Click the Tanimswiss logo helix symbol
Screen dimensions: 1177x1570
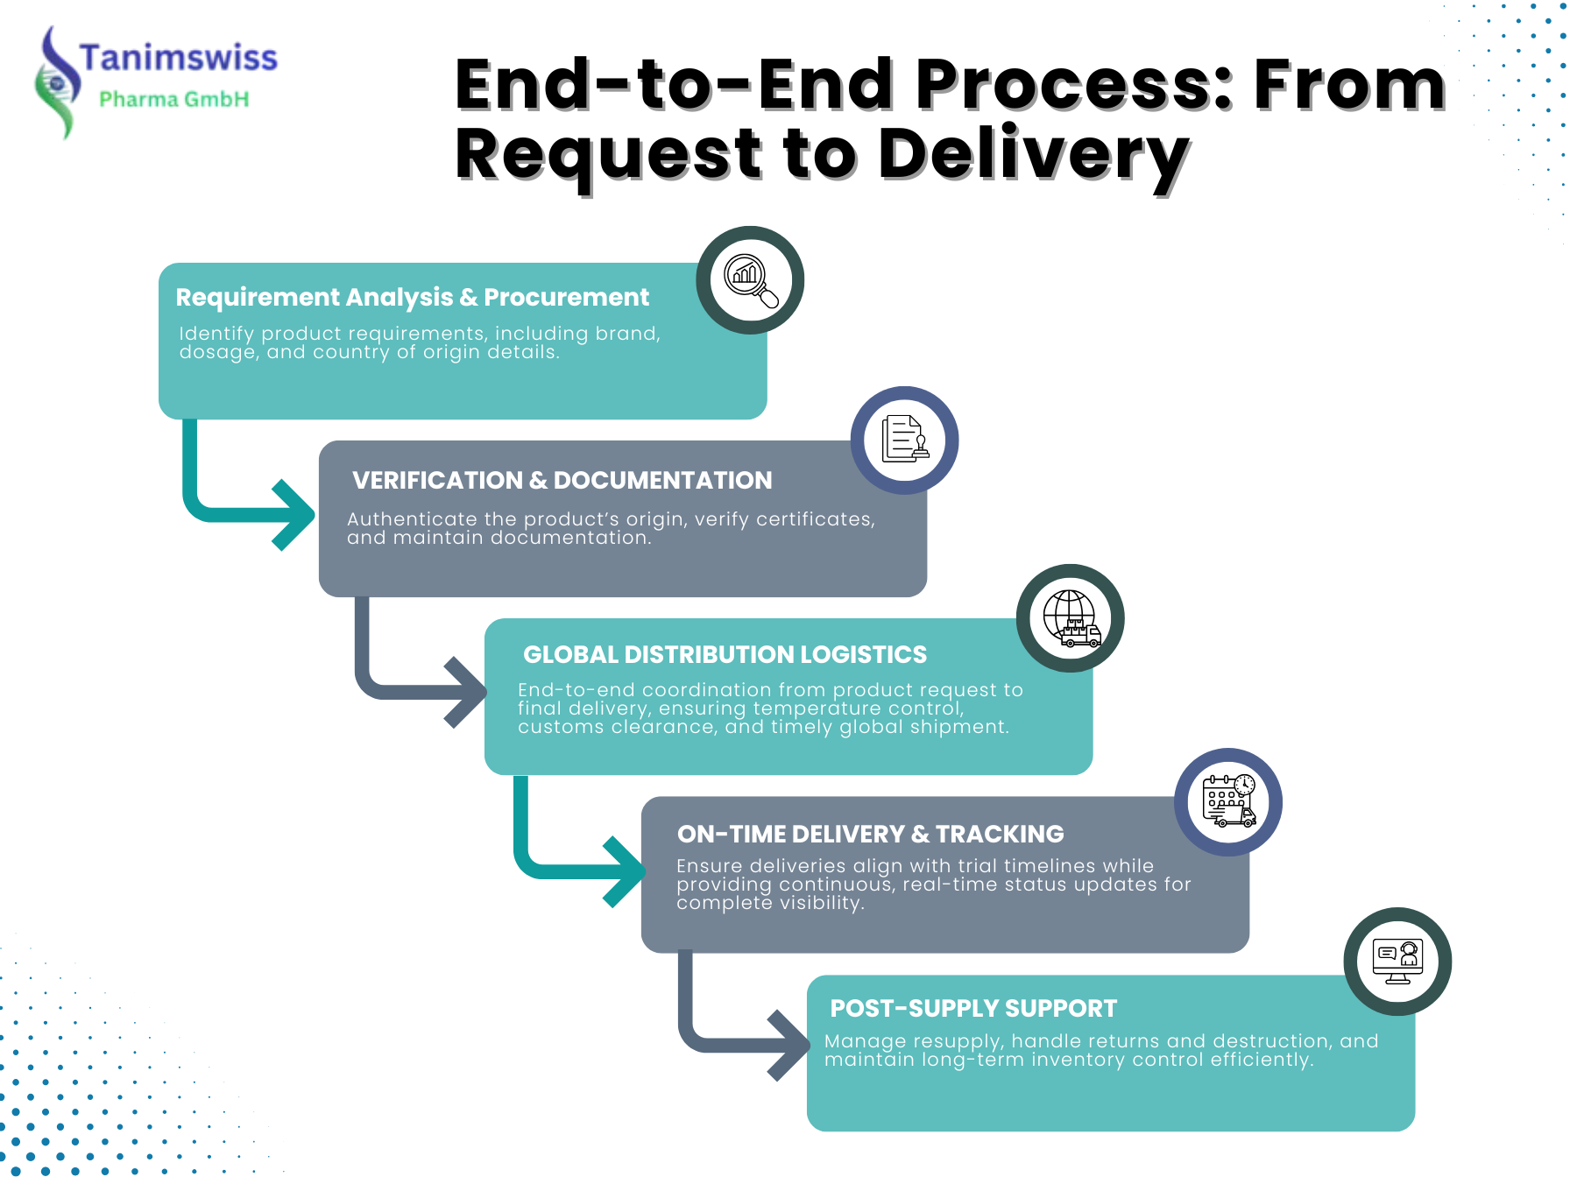click(x=57, y=84)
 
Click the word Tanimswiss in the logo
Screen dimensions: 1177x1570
click(x=178, y=58)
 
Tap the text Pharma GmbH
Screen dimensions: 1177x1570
click(x=173, y=99)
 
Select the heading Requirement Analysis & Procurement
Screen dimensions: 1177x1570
click(x=412, y=298)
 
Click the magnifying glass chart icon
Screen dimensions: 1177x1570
click(x=750, y=280)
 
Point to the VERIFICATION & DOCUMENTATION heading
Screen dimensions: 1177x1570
click(x=562, y=481)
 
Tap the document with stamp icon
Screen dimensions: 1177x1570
click(x=904, y=440)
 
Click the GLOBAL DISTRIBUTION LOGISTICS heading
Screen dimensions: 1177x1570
click(x=725, y=655)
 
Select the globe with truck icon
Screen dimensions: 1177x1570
click(x=1070, y=618)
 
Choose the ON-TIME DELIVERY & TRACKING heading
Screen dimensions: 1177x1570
click(x=870, y=835)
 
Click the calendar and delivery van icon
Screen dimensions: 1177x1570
click(x=1227, y=801)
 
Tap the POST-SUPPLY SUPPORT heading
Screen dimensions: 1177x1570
click(x=973, y=1009)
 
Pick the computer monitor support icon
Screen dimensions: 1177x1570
click(x=1397, y=962)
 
